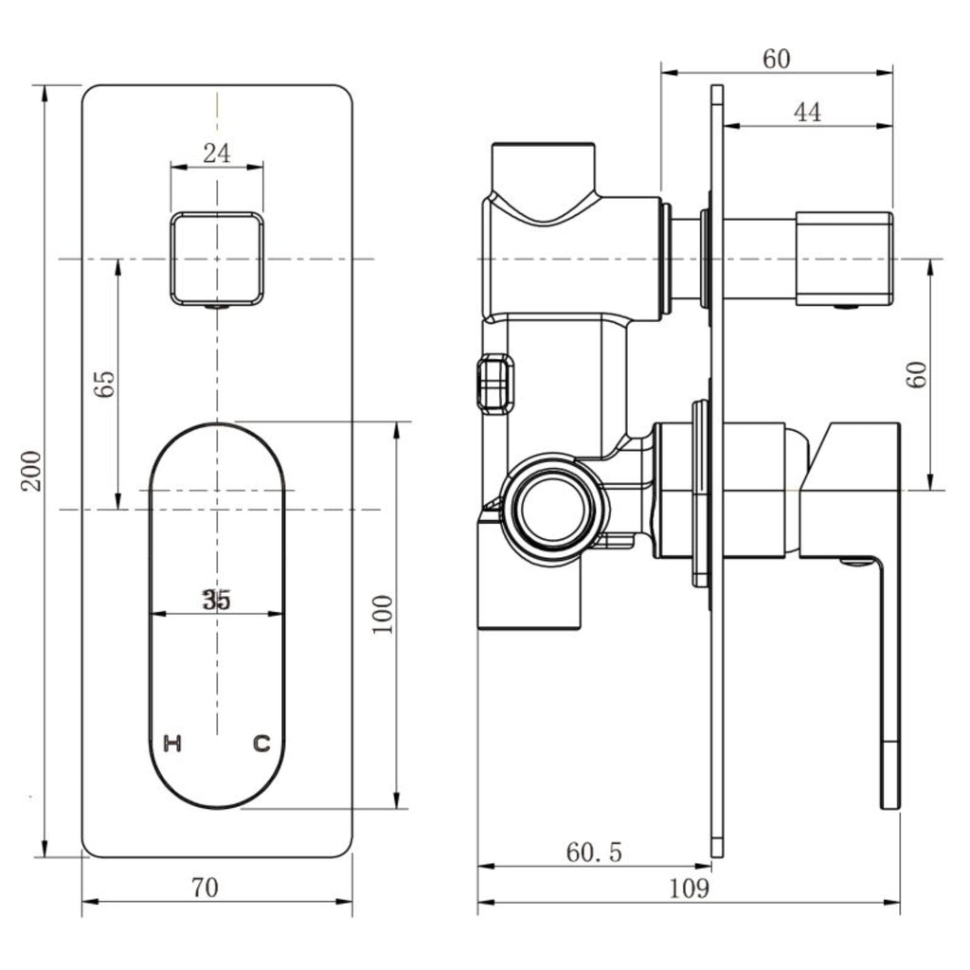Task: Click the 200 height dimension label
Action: (31, 471)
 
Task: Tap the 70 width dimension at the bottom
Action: (205, 888)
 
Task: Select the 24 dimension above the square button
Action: (217, 153)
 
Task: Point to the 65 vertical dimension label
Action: (104, 384)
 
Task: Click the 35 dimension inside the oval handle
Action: (217, 600)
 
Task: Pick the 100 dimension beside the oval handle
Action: (383, 614)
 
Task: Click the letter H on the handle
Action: (172, 743)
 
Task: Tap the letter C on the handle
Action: (261, 743)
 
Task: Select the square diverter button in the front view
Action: (217, 259)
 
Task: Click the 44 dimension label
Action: (807, 113)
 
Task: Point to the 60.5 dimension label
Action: (594, 852)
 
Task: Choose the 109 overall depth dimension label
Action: (690, 889)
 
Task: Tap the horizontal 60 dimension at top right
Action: (777, 59)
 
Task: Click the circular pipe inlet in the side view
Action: (549, 509)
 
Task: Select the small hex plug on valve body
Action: (494, 383)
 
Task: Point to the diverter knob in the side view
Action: (844, 259)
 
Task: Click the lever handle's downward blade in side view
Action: (889, 680)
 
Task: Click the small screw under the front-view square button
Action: (217, 306)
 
